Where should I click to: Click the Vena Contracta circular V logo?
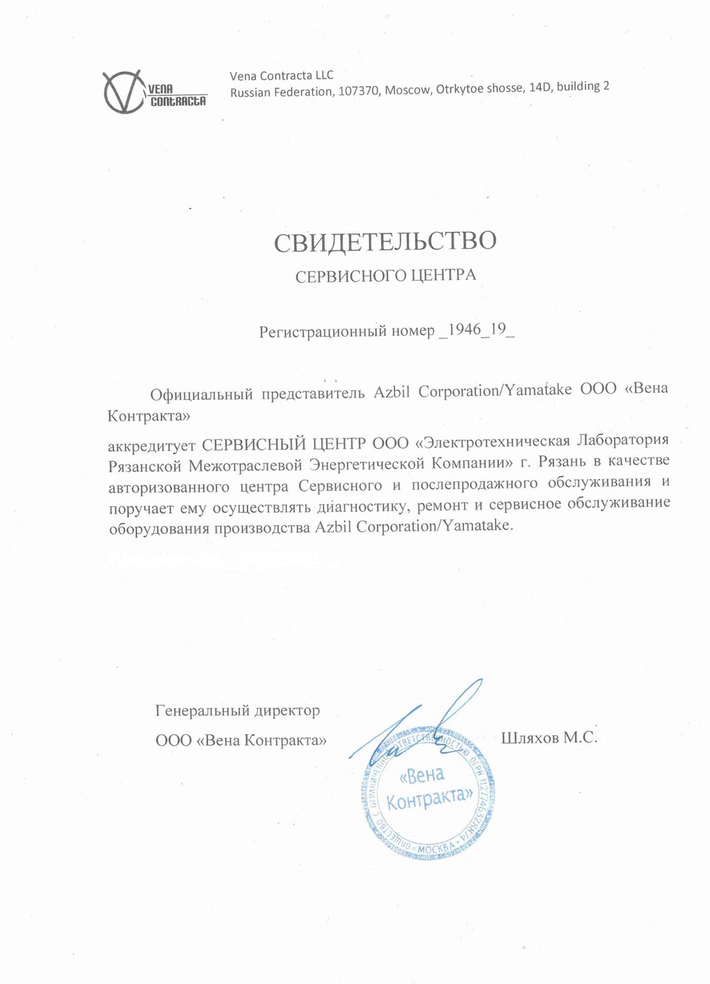point(124,92)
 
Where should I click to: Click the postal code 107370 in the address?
point(359,91)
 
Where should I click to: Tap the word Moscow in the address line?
point(407,90)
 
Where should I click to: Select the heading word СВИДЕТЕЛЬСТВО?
point(385,242)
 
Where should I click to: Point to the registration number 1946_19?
point(477,330)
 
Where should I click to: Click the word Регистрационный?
point(323,331)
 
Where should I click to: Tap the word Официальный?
point(201,394)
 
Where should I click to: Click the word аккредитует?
point(151,445)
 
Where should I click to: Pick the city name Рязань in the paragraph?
point(560,462)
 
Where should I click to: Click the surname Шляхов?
point(530,737)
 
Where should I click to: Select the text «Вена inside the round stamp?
point(422,775)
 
